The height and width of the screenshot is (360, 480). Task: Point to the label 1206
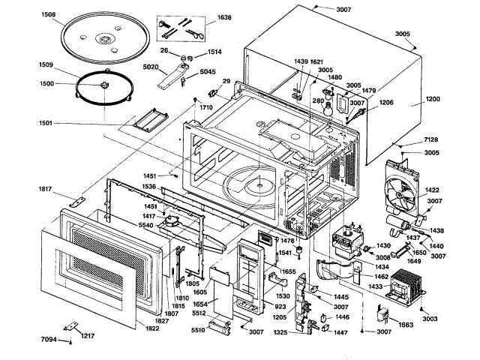pos(385,102)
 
